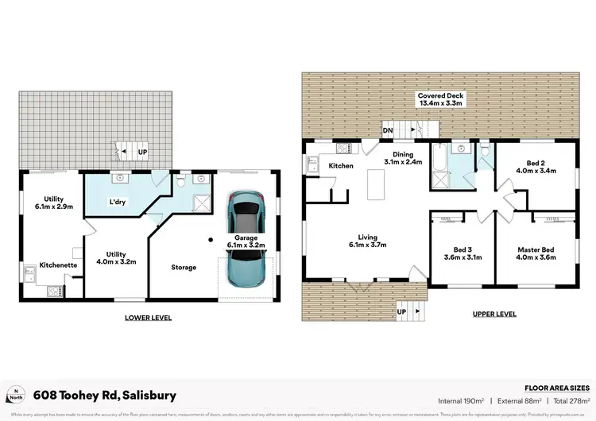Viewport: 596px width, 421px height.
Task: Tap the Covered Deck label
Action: coord(441,100)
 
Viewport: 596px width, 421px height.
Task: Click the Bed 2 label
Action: coord(533,166)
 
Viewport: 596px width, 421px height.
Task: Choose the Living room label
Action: coord(366,241)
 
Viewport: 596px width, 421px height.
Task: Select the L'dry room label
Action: coord(118,202)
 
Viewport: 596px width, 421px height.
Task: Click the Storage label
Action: coord(184,267)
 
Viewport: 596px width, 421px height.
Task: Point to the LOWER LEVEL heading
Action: coord(148,317)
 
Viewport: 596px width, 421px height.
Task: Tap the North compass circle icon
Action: coord(16,395)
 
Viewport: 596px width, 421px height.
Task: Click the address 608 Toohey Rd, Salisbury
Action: coord(105,395)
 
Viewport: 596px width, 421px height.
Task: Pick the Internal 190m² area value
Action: coord(461,401)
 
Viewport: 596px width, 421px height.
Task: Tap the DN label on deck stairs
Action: coord(388,130)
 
